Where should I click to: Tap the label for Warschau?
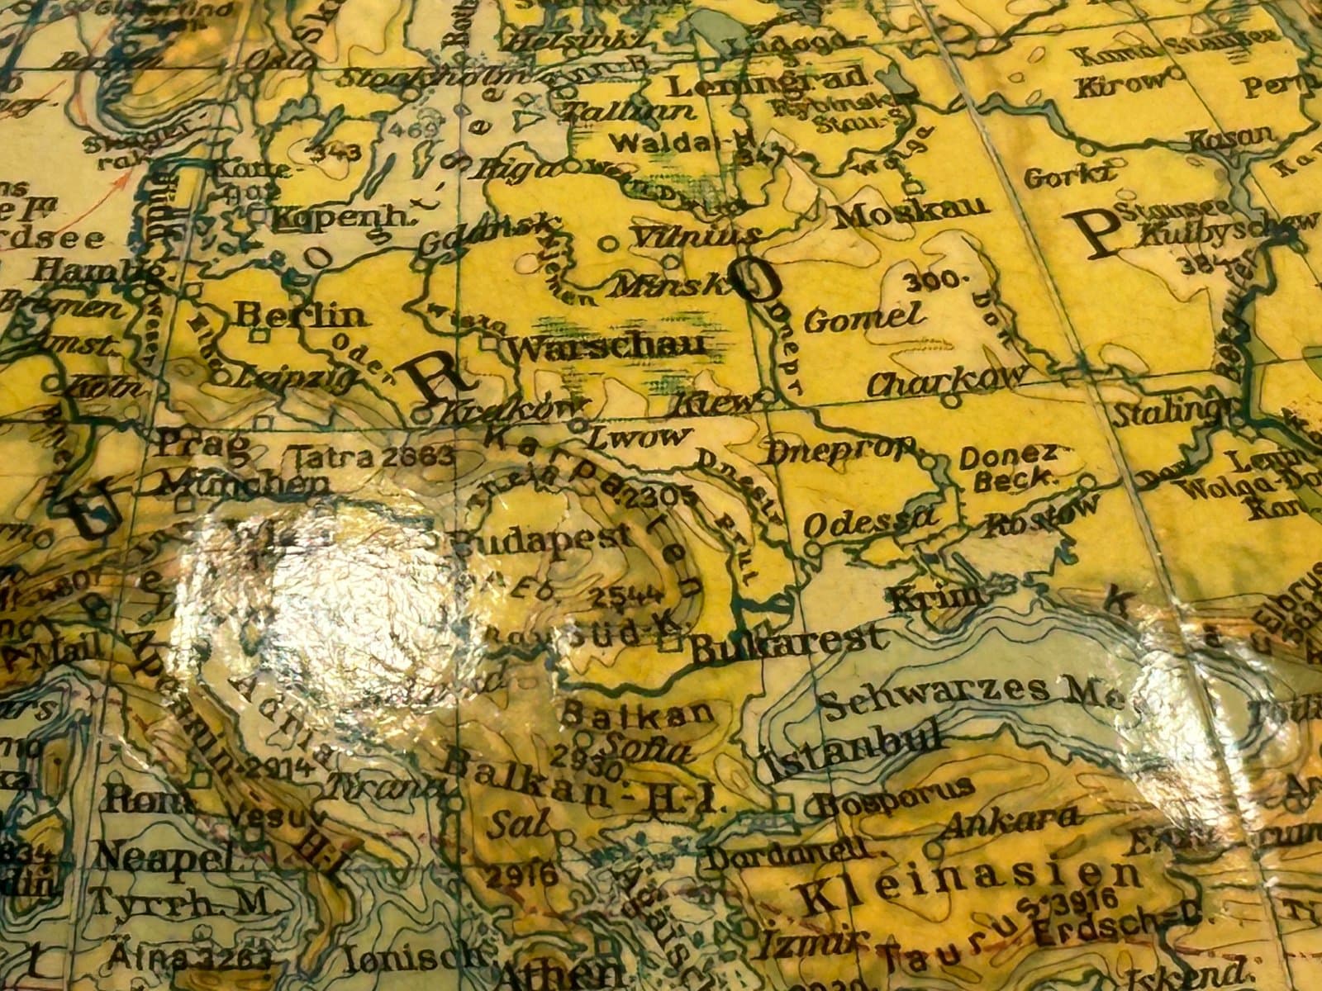(x=609, y=347)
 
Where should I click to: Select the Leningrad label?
(x=768, y=83)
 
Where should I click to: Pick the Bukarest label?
(x=786, y=644)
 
